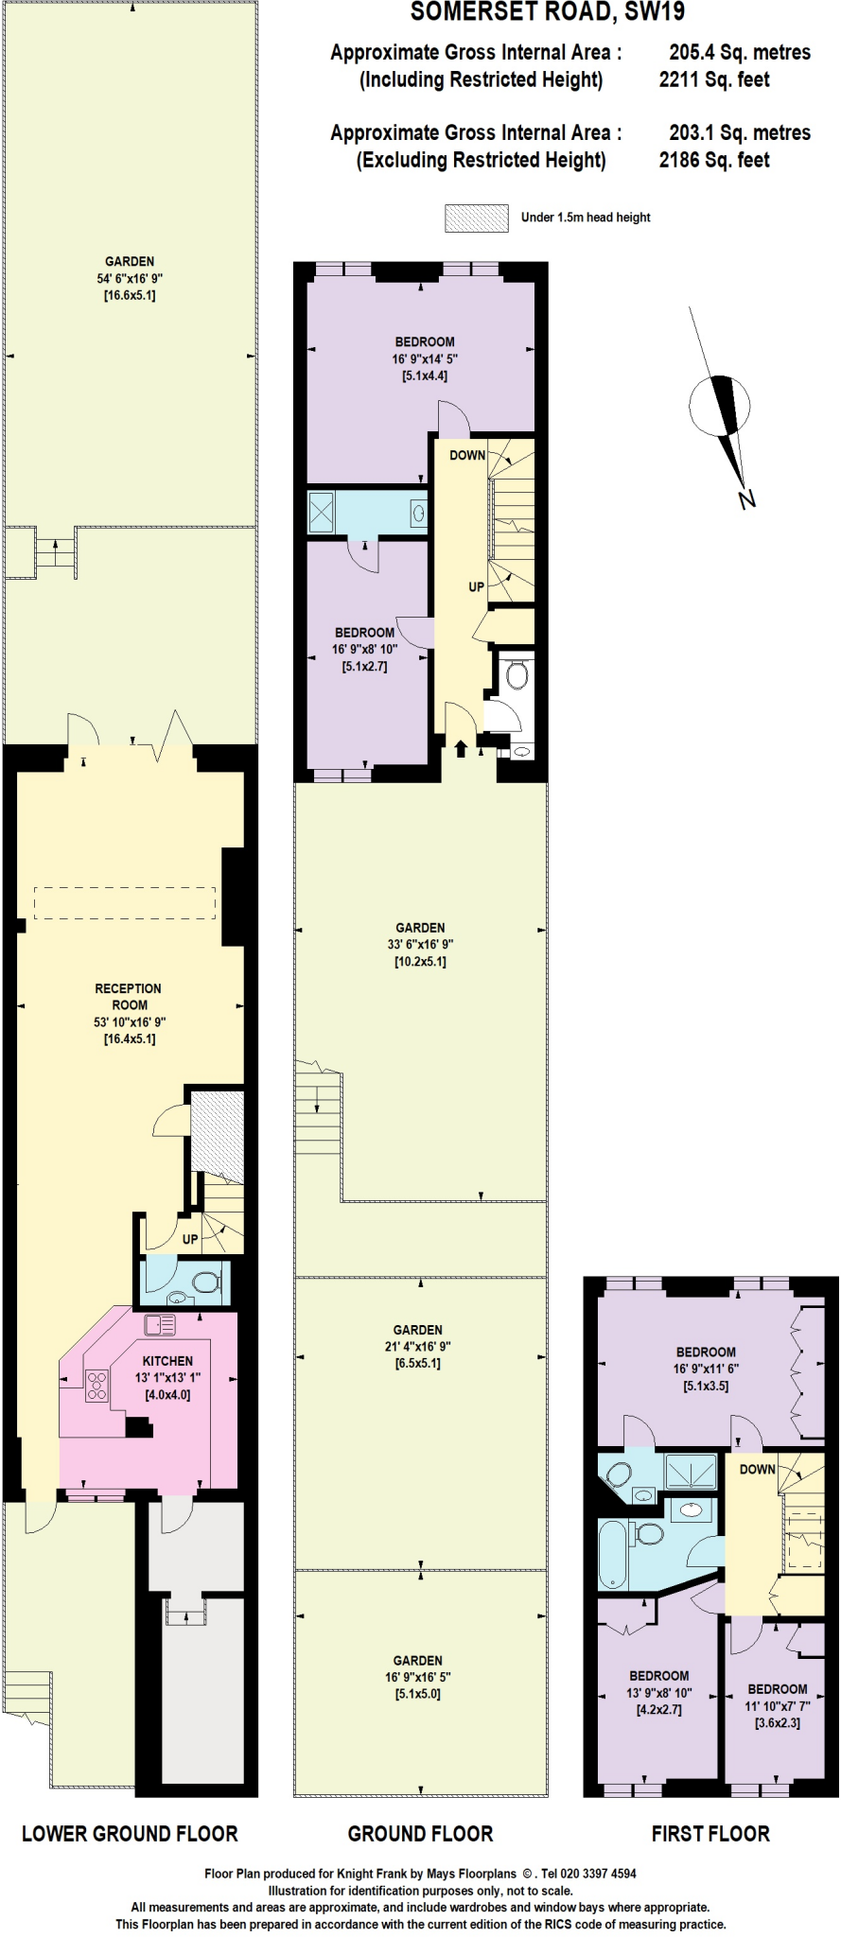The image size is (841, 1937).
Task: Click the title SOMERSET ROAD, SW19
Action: pyautogui.click(x=547, y=12)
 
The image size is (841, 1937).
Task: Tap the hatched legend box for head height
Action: pyautogui.click(x=477, y=218)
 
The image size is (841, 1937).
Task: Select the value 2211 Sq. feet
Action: pyautogui.click(x=714, y=80)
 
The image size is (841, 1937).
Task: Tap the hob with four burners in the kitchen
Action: pyautogui.click(x=97, y=1386)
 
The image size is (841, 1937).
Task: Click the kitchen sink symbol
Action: pyautogui.click(x=160, y=1325)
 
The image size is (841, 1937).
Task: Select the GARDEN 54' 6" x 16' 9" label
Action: pyautogui.click(x=130, y=278)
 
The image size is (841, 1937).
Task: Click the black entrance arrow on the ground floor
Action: pyautogui.click(x=461, y=750)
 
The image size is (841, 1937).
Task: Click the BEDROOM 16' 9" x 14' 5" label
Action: pyautogui.click(x=425, y=358)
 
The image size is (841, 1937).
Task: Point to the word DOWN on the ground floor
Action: pyautogui.click(x=467, y=455)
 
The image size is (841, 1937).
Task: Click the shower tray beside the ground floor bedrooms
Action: pyautogui.click(x=325, y=513)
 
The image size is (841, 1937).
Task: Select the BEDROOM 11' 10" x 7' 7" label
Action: pyautogui.click(x=778, y=1705)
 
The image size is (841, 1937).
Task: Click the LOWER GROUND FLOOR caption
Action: pyautogui.click(x=130, y=1834)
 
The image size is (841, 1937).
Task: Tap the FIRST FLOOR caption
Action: pyautogui.click(x=710, y=1834)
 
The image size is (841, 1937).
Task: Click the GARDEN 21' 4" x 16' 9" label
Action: pyautogui.click(x=418, y=1346)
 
